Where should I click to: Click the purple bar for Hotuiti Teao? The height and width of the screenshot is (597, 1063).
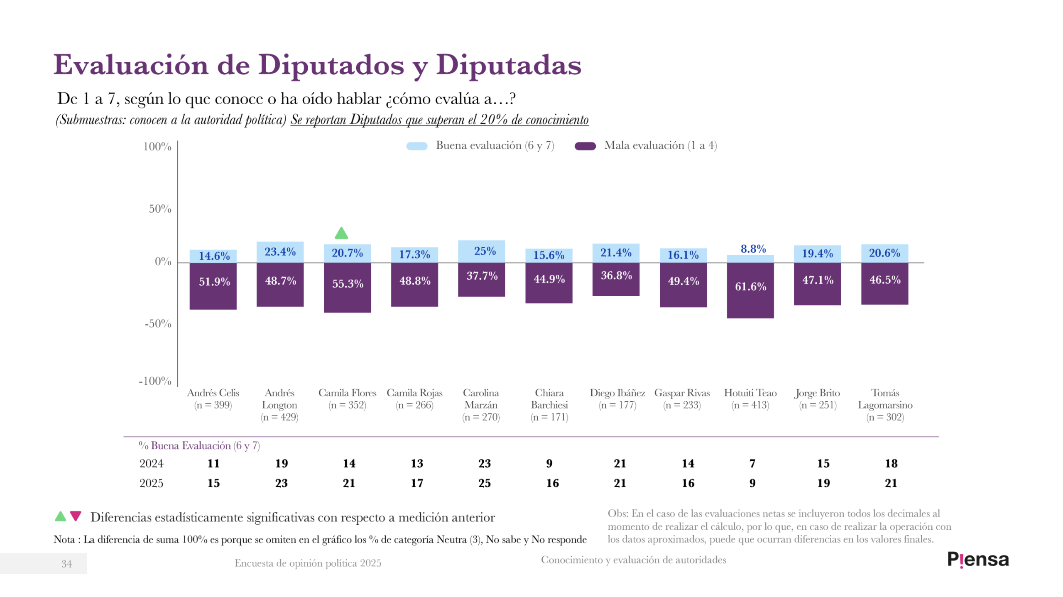point(750,290)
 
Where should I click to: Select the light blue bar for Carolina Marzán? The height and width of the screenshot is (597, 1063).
point(481,251)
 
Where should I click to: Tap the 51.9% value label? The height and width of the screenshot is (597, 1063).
point(214,282)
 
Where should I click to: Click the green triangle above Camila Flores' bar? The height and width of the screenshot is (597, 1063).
point(341,233)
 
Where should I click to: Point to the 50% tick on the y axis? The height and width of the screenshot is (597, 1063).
point(160,209)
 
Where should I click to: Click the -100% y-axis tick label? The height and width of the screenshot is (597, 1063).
point(155,381)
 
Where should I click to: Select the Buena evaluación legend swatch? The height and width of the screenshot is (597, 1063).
point(416,146)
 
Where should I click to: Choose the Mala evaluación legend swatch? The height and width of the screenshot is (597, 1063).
point(585,146)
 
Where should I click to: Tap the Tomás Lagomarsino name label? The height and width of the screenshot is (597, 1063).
point(885,398)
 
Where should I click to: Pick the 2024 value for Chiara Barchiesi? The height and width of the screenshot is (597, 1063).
point(549,463)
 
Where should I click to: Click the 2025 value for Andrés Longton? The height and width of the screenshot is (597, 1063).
point(281,483)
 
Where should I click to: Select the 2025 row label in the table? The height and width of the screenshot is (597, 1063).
point(151,483)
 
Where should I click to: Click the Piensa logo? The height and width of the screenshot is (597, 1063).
point(977,560)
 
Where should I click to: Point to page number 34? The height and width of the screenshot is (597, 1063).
point(66,564)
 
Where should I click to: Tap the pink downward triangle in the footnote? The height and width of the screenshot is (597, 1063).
point(76,516)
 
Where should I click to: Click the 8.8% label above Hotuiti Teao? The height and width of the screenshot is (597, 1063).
point(753,249)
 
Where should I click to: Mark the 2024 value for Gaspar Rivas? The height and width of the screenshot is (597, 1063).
point(688,463)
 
